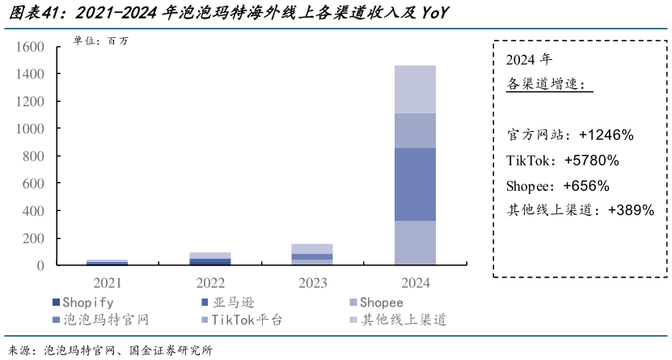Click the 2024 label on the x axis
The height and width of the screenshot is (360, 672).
(414, 282)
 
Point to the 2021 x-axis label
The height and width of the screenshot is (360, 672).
(108, 282)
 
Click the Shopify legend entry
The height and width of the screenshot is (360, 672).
(82, 303)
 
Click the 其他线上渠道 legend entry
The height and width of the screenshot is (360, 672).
(397, 320)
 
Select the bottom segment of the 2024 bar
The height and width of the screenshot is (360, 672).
(414, 243)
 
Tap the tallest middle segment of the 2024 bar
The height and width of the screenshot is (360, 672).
(414, 184)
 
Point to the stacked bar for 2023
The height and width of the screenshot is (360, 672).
(312, 254)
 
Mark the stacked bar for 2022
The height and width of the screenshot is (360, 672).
(210, 259)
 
